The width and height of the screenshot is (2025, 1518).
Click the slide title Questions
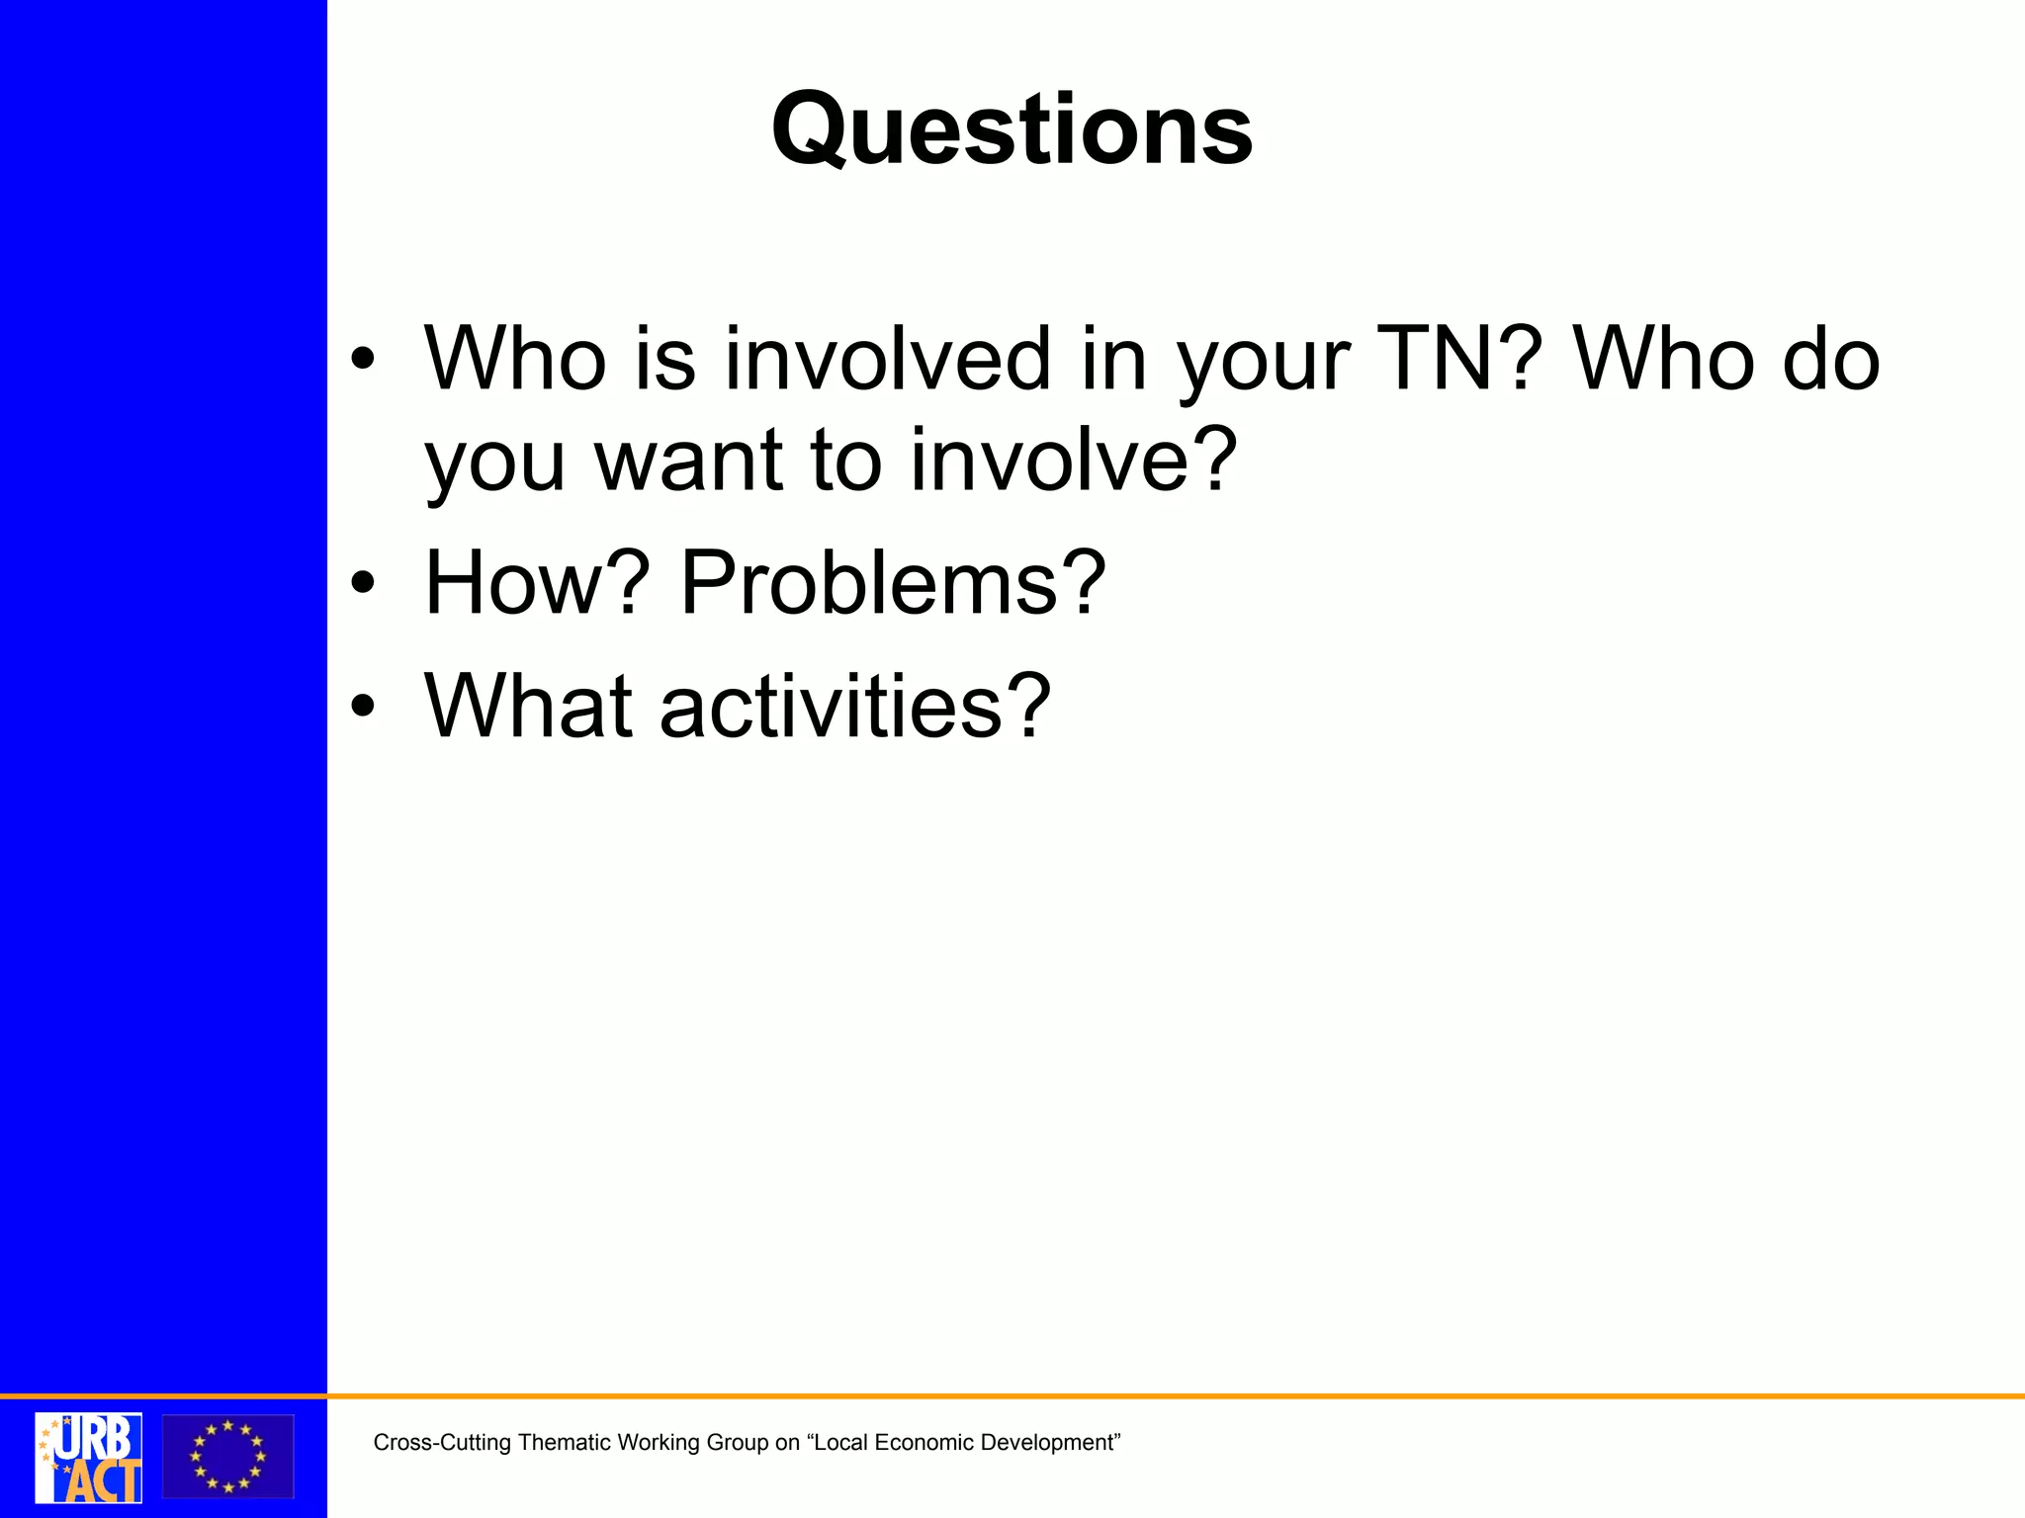tap(1012, 130)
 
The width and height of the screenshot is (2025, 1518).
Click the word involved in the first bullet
tap(887, 360)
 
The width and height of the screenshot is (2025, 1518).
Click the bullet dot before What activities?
tap(363, 707)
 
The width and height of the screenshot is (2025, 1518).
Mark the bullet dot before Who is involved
tap(363, 361)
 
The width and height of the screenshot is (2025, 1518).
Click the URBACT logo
tap(88, 1457)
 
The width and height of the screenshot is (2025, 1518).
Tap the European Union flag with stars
tap(228, 1457)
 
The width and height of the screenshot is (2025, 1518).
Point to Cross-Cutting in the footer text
tap(442, 1443)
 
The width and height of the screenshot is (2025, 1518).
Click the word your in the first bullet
tap(1263, 362)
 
